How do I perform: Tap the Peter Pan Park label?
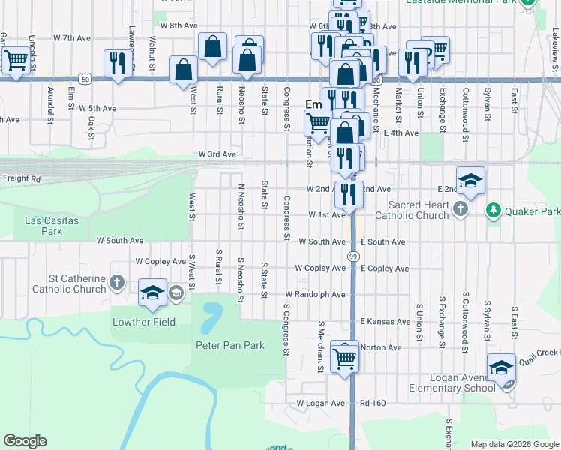click(x=231, y=345)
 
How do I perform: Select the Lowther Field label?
click(x=143, y=322)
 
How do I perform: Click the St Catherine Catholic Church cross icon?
click(x=116, y=282)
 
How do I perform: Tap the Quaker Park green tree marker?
click(x=493, y=211)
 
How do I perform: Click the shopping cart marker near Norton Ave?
click(x=345, y=357)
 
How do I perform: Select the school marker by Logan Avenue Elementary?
click(x=502, y=367)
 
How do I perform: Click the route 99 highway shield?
click(x=352, y=256)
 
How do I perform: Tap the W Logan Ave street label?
click(x=320, y=403)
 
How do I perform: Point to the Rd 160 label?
click(x=373, y=403)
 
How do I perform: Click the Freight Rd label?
click(x=21, y=179)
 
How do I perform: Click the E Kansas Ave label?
click(x=385, y=321)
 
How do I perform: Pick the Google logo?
click(x=25, y=441)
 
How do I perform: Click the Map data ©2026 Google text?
click(x=514, y=444)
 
